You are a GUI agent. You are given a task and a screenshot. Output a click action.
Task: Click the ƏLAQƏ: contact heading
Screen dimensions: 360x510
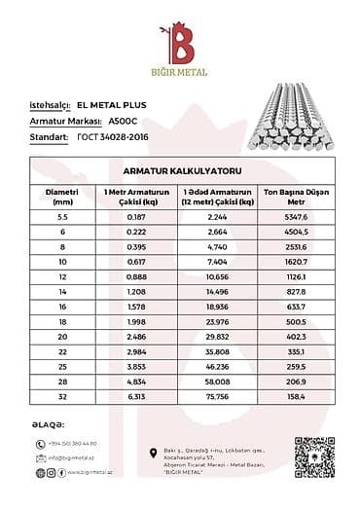(x=48, y=424)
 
